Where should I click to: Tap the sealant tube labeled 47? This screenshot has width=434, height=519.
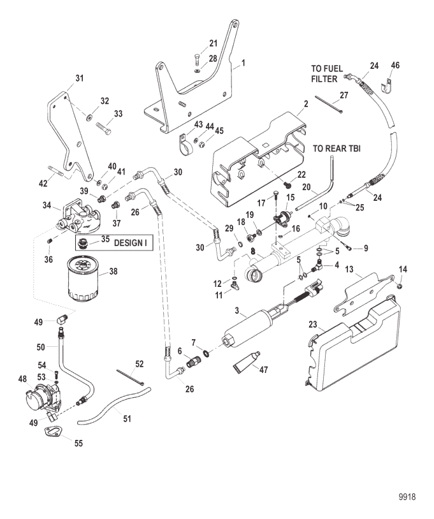coord(247,362)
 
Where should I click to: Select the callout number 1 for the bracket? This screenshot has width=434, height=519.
coord(243,62)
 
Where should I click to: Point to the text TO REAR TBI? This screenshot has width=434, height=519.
coord(336,149)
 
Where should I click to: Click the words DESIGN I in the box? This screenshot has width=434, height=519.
coord(131,243)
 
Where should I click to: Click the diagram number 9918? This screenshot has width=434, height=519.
coord(407,497)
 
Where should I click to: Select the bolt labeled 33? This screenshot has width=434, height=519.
coord(103,128)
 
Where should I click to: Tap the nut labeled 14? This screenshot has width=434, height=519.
coord(399,285)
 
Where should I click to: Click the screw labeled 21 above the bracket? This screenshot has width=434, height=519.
coord(196,59)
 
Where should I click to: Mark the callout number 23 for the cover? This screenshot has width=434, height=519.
coord(313,325)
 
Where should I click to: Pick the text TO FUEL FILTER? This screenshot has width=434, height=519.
coord(327,74)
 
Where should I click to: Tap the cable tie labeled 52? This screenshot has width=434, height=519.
coord(131,377)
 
